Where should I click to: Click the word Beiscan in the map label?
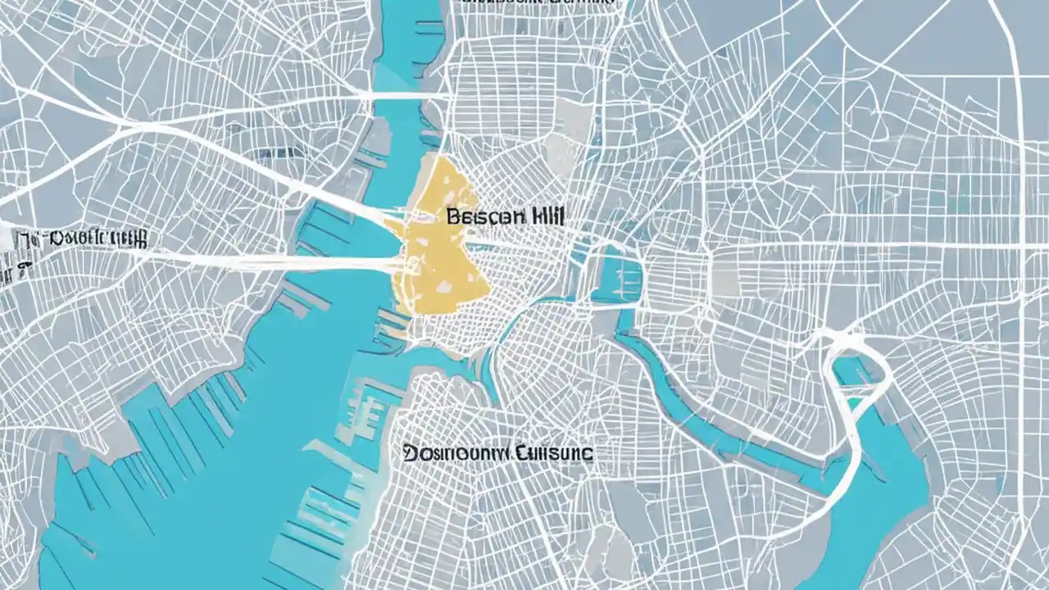click(479, 217)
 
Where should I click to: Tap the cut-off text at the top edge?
click(537, 4)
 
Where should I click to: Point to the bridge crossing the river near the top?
click(402, 97)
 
